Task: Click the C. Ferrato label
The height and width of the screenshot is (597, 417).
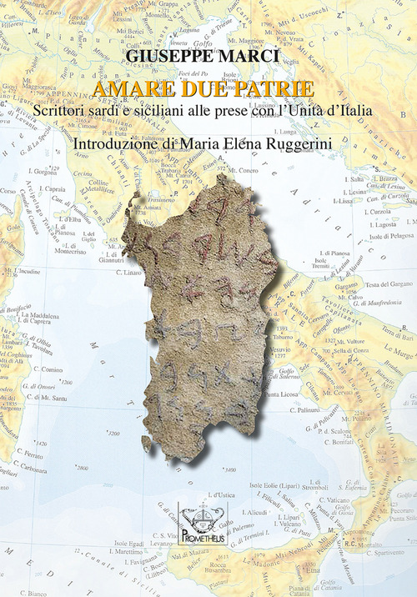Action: tap(32, 454)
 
